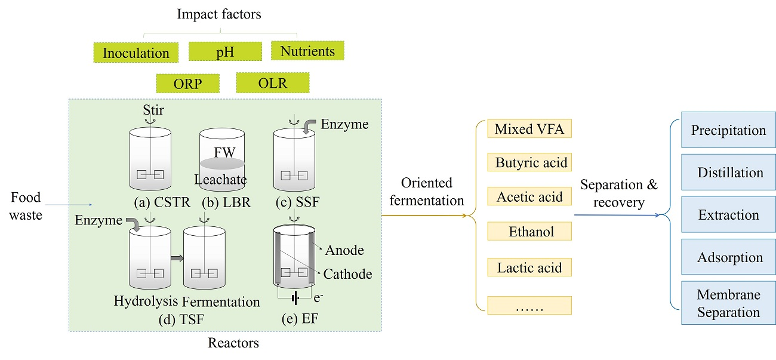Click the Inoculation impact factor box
pyautogui.click(x=136, y=53)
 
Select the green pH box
pyautogui.click(x=224, y=51)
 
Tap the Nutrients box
pyautogui.click(x=307, y=51)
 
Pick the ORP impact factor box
pyautogui.click(x=187, y=84)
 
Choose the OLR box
pyautogui.click(x=273, y=83)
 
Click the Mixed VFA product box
pyautogui.click(x=529, y=128)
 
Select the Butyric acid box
pyautogui.click(x=529, y=162)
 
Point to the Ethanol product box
pyautogui.click(x=529, y=232)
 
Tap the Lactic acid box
pyautogui.click(x=529, y=267)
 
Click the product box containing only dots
pyautogui.click(x=529, y=305)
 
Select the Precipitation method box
pyautogui.click(x=728, y=130)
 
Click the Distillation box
pyautogui.click(x=728, y=173)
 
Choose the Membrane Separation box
pyautogui.click(x=728, y=303)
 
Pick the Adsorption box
pyautogui.click(x=728, y=258)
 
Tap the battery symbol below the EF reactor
pyautogui.click(x=294, y=297)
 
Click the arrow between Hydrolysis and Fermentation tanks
pyautogui.click(x=176, y=258)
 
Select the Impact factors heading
pyautogui.click(x=218, y=13)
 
